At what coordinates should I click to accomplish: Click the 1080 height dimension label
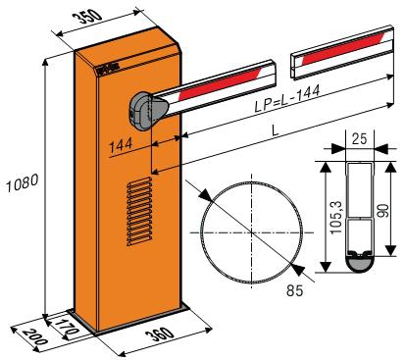[23, 183]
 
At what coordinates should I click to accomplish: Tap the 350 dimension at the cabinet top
[89, 17]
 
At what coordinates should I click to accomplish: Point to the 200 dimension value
[34, 336]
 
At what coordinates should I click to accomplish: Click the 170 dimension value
[67, 326]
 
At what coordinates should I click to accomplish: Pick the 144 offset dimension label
[121, 145]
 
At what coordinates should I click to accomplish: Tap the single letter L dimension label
[276, 131]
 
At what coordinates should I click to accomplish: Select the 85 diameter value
[295, 290]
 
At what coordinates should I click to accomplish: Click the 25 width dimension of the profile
[360, 138]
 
